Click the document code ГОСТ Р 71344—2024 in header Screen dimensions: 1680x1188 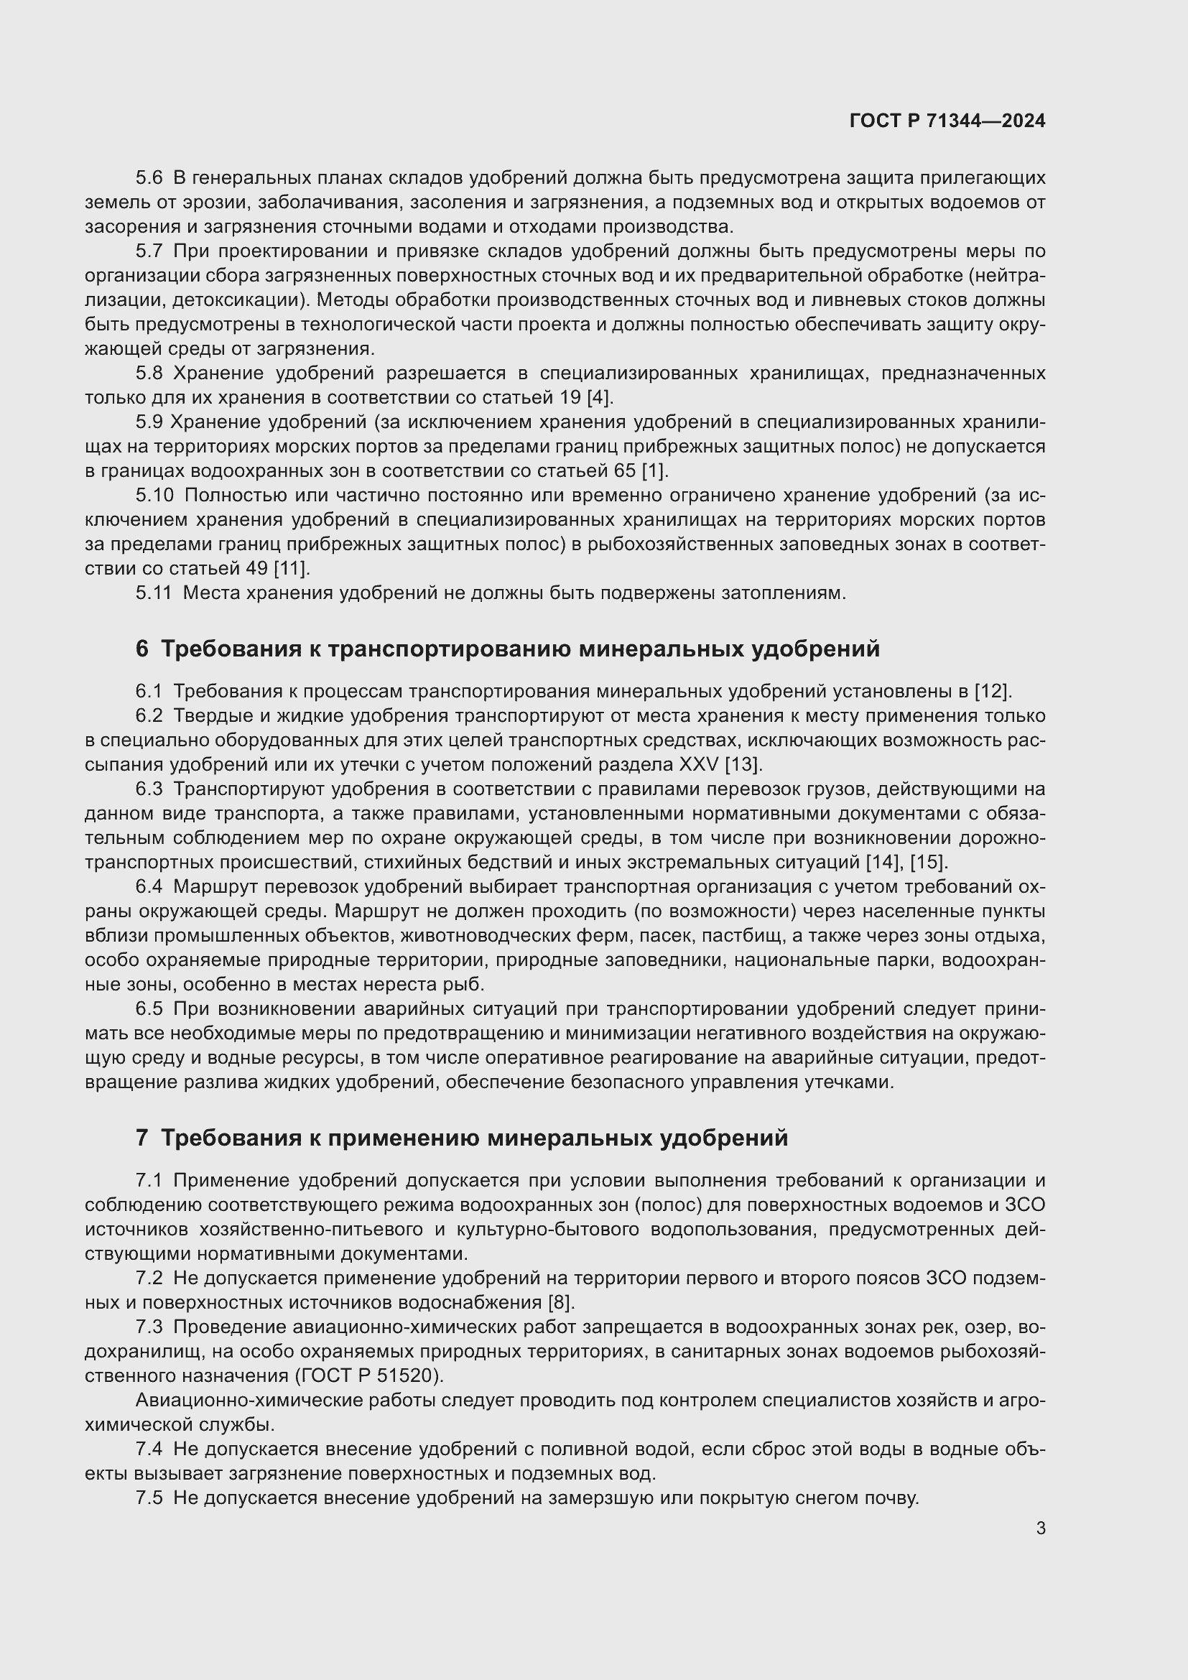[x=947, y=121]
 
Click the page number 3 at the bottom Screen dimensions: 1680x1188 [x=1040, y=1528]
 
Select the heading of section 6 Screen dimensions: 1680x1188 [x=508, y=649]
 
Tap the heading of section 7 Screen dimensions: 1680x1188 [x=462, y=1137]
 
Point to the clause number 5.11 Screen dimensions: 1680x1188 [x=153, y=593]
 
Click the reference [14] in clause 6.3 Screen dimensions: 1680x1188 [x=883, y=862]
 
